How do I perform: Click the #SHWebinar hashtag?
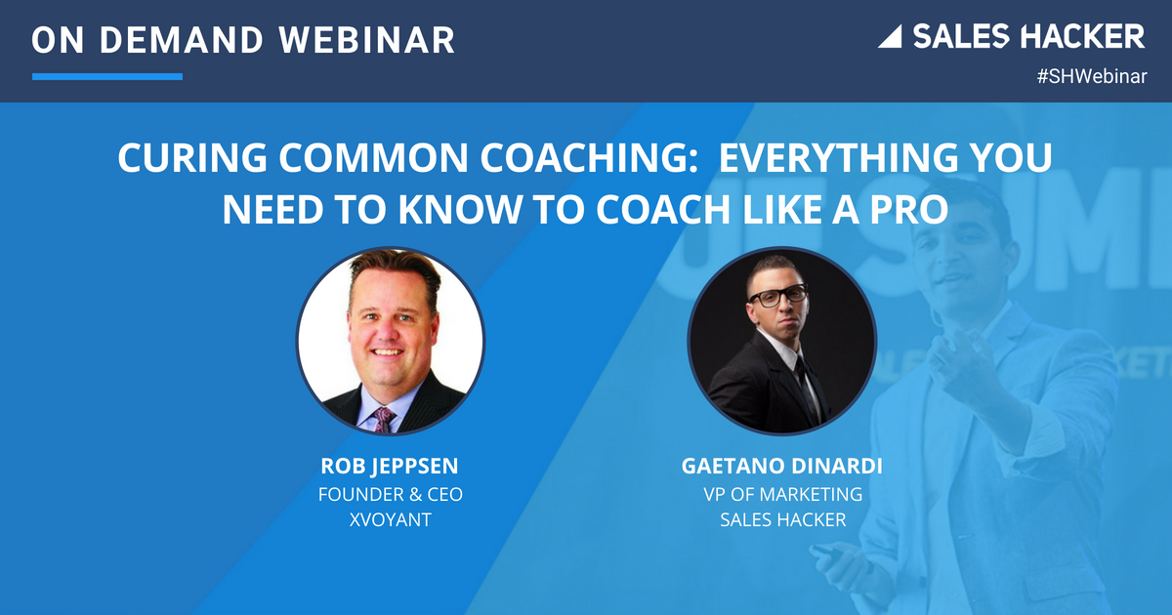tap(1092, 76)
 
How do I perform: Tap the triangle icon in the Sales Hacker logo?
tap(890, 38)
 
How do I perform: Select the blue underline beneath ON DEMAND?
tap(106, 76)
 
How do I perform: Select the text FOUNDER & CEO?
tap(390, 495)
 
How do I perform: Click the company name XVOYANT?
tap(390, 520)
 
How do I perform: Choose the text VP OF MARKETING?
tap(781, 495)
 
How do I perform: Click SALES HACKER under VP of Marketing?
tap(781, 520)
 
